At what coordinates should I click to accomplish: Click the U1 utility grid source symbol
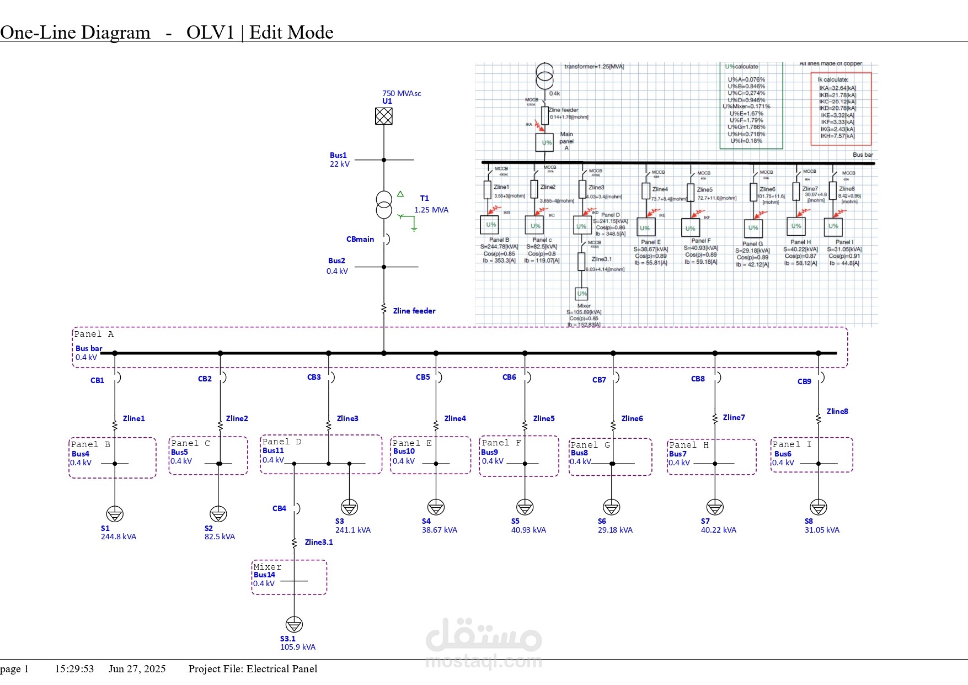(x=384, y=116)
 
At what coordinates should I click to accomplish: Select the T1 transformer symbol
(x=384, y=205)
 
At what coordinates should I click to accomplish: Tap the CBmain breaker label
(x=360, y=239)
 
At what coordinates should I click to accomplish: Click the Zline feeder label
(x=414, y=311)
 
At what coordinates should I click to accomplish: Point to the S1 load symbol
(x=115, y=514)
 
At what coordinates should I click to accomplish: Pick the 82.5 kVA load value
(x=220, y=537)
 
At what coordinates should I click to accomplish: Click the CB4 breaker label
(x=279, y=508)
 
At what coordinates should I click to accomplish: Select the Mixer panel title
(x=268, y=567)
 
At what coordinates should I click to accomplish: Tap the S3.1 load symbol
(x=294, y=624)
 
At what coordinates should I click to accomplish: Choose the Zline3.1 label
(x=319, y=542)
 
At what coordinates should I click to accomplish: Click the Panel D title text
(x=282, y=442)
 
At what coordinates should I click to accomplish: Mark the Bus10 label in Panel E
(x=404, y=451)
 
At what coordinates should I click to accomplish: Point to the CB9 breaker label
(x=804, y=381)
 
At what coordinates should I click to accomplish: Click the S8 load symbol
(x=819, y=507)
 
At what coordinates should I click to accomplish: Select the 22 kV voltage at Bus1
(x=340, y=164)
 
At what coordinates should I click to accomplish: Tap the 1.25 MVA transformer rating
(x=431, y=210)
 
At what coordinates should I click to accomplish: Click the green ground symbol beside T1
(x=413, y=227)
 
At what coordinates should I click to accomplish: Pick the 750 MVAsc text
(x=402, y=93)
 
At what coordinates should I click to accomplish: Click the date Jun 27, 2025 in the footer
(x=137, y=669)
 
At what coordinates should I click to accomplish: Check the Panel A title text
(x=94, y=334)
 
